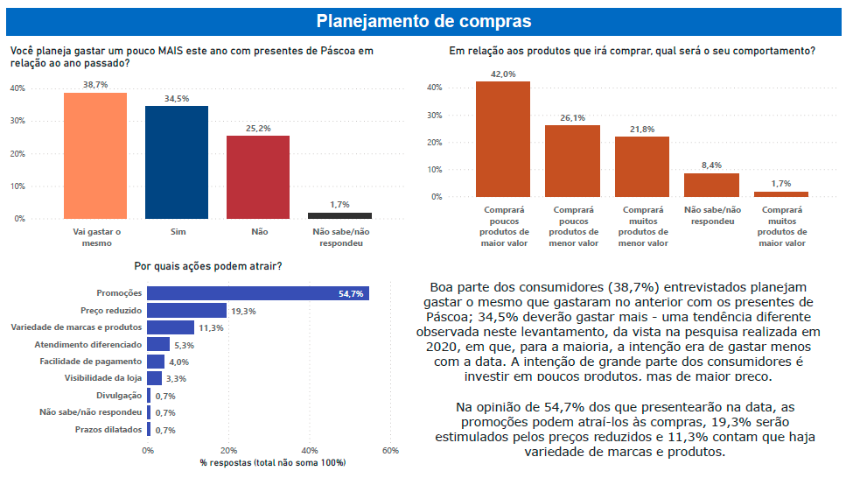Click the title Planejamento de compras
(x=423, y=20)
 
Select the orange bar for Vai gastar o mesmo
(x=95, y=155)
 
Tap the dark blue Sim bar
(x=177, y=162)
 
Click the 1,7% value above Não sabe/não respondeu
(x=339, y=204)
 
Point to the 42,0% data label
(x=503, y=74)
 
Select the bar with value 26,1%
(x=573, y=161)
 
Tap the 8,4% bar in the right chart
(x=711, y=185)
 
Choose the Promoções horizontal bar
(x=258, y=293)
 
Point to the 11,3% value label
(x=211, y=327)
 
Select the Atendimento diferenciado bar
(x=158, y=344)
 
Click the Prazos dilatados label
(x=108, y=429)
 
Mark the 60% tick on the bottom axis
(x=390, y=450)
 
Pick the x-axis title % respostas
(x=273, y=462)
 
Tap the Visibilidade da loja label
(x=103, y=377)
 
